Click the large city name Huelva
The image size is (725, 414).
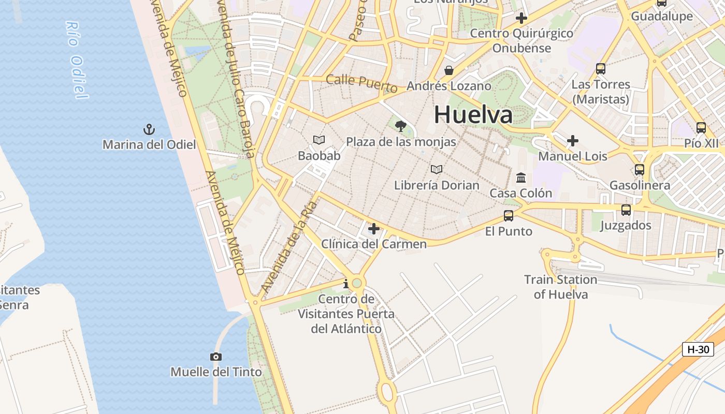point(473,114)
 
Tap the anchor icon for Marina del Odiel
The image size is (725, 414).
point(149,129)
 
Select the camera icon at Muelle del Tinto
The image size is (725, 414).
point(216,357)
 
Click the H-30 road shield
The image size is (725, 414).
point(698,349)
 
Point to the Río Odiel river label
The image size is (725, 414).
point(76,60)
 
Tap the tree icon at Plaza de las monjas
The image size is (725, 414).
point(400,126)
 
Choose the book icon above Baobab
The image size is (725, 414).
point(319,140)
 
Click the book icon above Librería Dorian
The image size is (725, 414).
point(437,169)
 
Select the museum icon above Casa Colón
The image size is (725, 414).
point(521,178)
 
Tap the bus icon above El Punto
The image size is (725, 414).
point(509,216)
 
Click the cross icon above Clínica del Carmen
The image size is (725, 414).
point(373,228)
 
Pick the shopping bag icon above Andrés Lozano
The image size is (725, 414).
point(448,70)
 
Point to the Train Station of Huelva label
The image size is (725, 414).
point(561,287)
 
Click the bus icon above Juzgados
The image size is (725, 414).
point(626,210)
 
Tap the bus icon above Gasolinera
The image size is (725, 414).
point(640,169)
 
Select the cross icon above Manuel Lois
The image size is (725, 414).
point(572,140)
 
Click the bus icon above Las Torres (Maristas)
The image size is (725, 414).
point(601,68)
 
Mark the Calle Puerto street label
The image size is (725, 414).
point(361,83)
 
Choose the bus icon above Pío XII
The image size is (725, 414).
point(701,127)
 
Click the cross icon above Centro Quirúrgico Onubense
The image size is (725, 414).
point(521,18)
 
